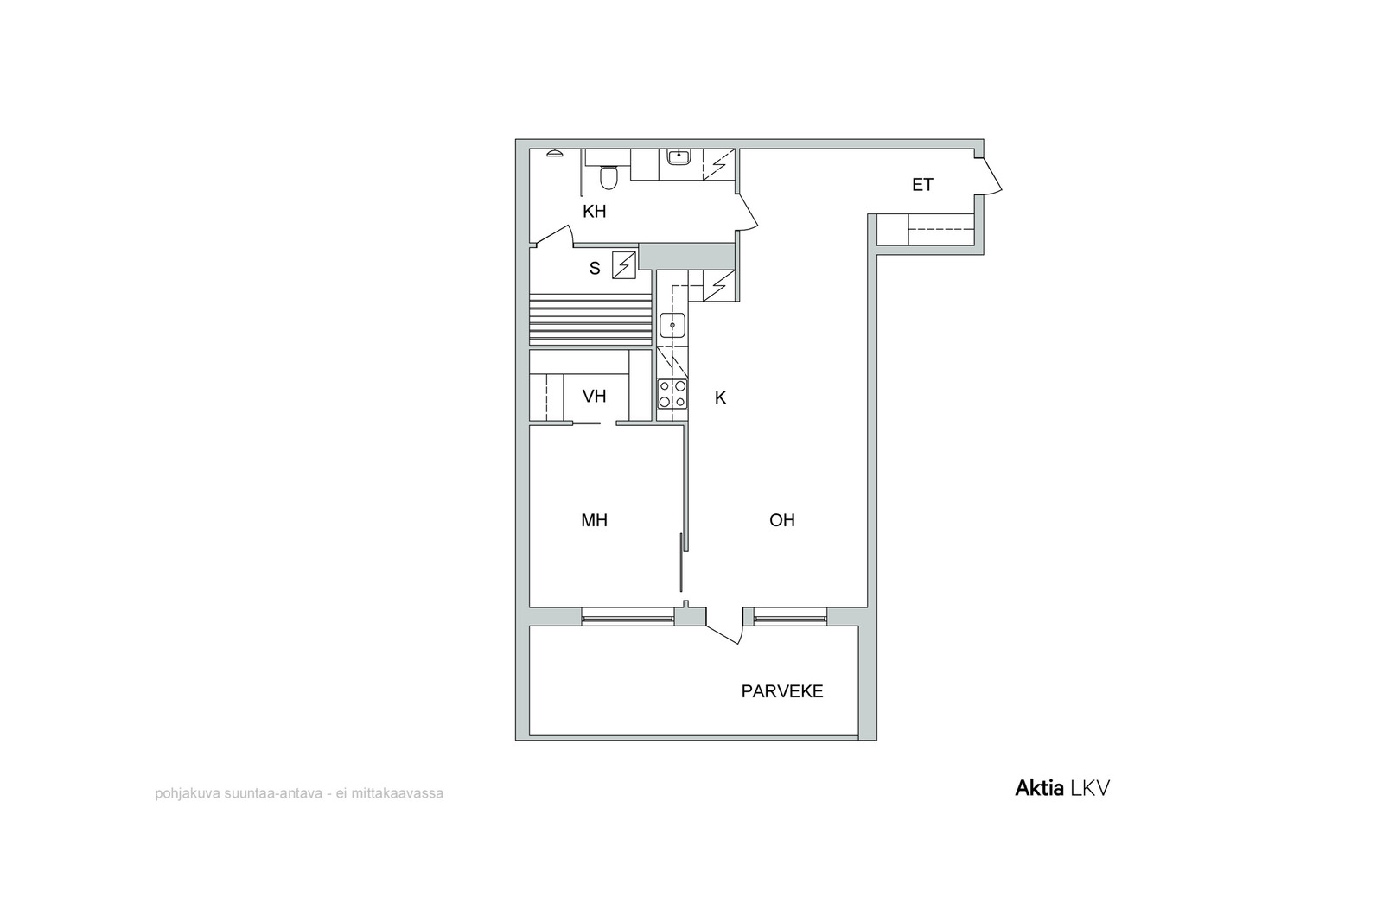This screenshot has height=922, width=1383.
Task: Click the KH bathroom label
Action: (x=594, y=212)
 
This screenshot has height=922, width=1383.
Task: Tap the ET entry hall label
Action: (x=922, y=185)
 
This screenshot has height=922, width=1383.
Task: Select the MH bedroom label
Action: (x=594, y=520)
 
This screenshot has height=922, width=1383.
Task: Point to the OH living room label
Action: (x=781, y=520)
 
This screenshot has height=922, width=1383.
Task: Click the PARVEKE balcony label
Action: (x=782, y=692)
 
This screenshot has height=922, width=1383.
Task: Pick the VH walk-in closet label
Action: (x=594, y=397)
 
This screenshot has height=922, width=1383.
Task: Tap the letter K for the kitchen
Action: (x=720, y=398)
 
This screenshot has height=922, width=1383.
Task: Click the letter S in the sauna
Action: (x=595, y=269)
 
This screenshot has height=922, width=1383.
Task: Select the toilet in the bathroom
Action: (x=609, y=177)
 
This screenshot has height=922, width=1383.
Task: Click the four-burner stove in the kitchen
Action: (x=672, y=394)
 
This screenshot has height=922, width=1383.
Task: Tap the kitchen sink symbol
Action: (x=672, y=325)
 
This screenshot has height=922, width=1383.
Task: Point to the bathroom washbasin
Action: (x=679, y=156)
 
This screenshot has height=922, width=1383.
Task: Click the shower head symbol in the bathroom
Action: (x=554, y=153)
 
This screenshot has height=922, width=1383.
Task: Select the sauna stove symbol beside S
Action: (x=623, y=265)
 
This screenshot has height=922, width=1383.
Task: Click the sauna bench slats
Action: (x=591, y=319)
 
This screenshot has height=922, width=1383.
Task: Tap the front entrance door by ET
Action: (x=989, y=175)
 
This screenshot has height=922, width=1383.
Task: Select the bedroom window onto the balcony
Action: (x=628, y=616)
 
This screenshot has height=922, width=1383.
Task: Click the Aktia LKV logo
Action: (x=1062, y=788)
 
